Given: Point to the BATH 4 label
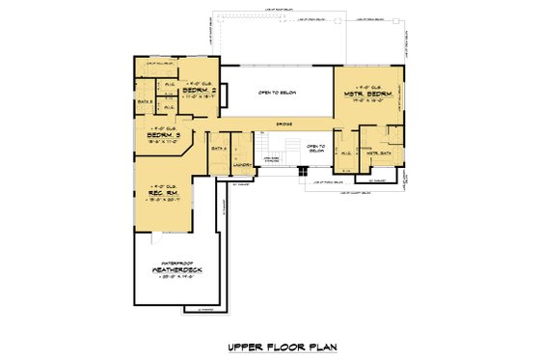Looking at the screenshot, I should [x=218, y=148].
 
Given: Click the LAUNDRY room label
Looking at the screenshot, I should [x=243, y=164].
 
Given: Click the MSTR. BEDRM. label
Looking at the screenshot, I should [x=364, y=92].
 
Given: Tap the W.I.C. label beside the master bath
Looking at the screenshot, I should [x=344, y=151].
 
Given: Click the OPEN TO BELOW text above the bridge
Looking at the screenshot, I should [x=275, y=93].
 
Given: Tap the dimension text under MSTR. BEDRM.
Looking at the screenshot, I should [x=364, y=98].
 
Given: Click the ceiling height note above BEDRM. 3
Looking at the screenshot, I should [x=165, y=128].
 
